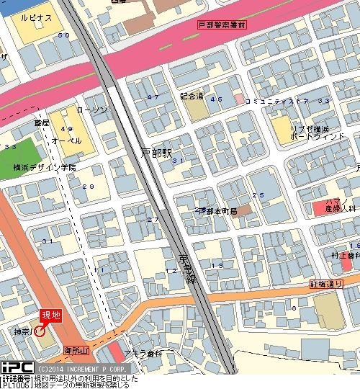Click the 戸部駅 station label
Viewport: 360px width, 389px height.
click(x=157, y=153)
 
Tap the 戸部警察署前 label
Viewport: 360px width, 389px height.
click(x=220, y=25)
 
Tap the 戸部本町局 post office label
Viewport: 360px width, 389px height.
click(x=217, y=210)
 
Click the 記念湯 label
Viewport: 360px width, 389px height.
click(x=192, y=95)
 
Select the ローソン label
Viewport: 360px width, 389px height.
click(x=91, y=110)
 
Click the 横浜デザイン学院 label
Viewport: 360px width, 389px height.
click(x=45, y=167)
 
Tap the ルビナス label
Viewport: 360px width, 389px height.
click(x=37, y=17)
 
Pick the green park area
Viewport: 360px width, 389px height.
click(x=17, y=153)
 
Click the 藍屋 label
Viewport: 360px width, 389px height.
click(x=42, y=123)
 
